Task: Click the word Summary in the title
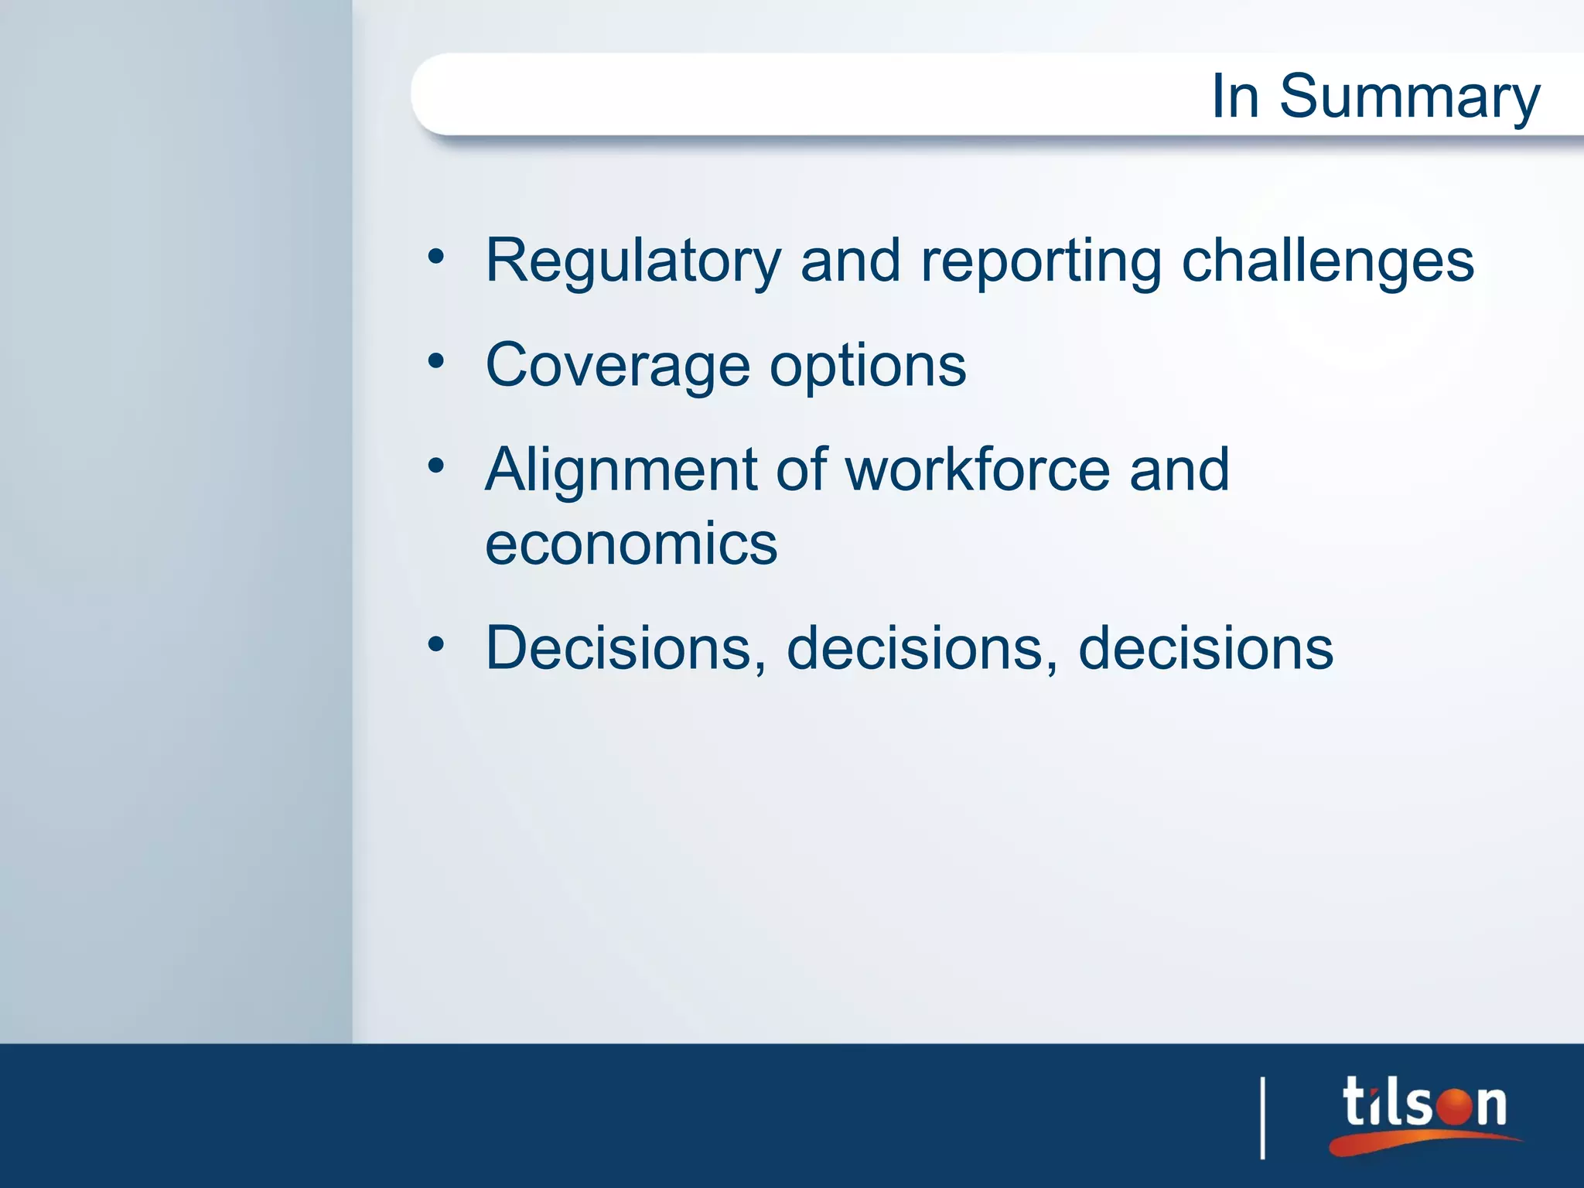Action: [x=1409, y=97]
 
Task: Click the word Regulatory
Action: [x=633, y=261]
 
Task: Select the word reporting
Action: [x=1041, y=261]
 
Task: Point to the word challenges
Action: [x=1327, y=261]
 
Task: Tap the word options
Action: [x=867, y=367]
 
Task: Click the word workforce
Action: [x=978, y=469]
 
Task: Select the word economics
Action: [x=631, y=544]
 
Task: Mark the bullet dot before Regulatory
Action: [x=436, y=256]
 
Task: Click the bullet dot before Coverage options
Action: [x=436, y=360]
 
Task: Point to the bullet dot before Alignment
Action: [x=436, y=465]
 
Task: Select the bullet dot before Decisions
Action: [x=436, y=643]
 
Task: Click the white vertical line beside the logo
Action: [x=1262, y=1118]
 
